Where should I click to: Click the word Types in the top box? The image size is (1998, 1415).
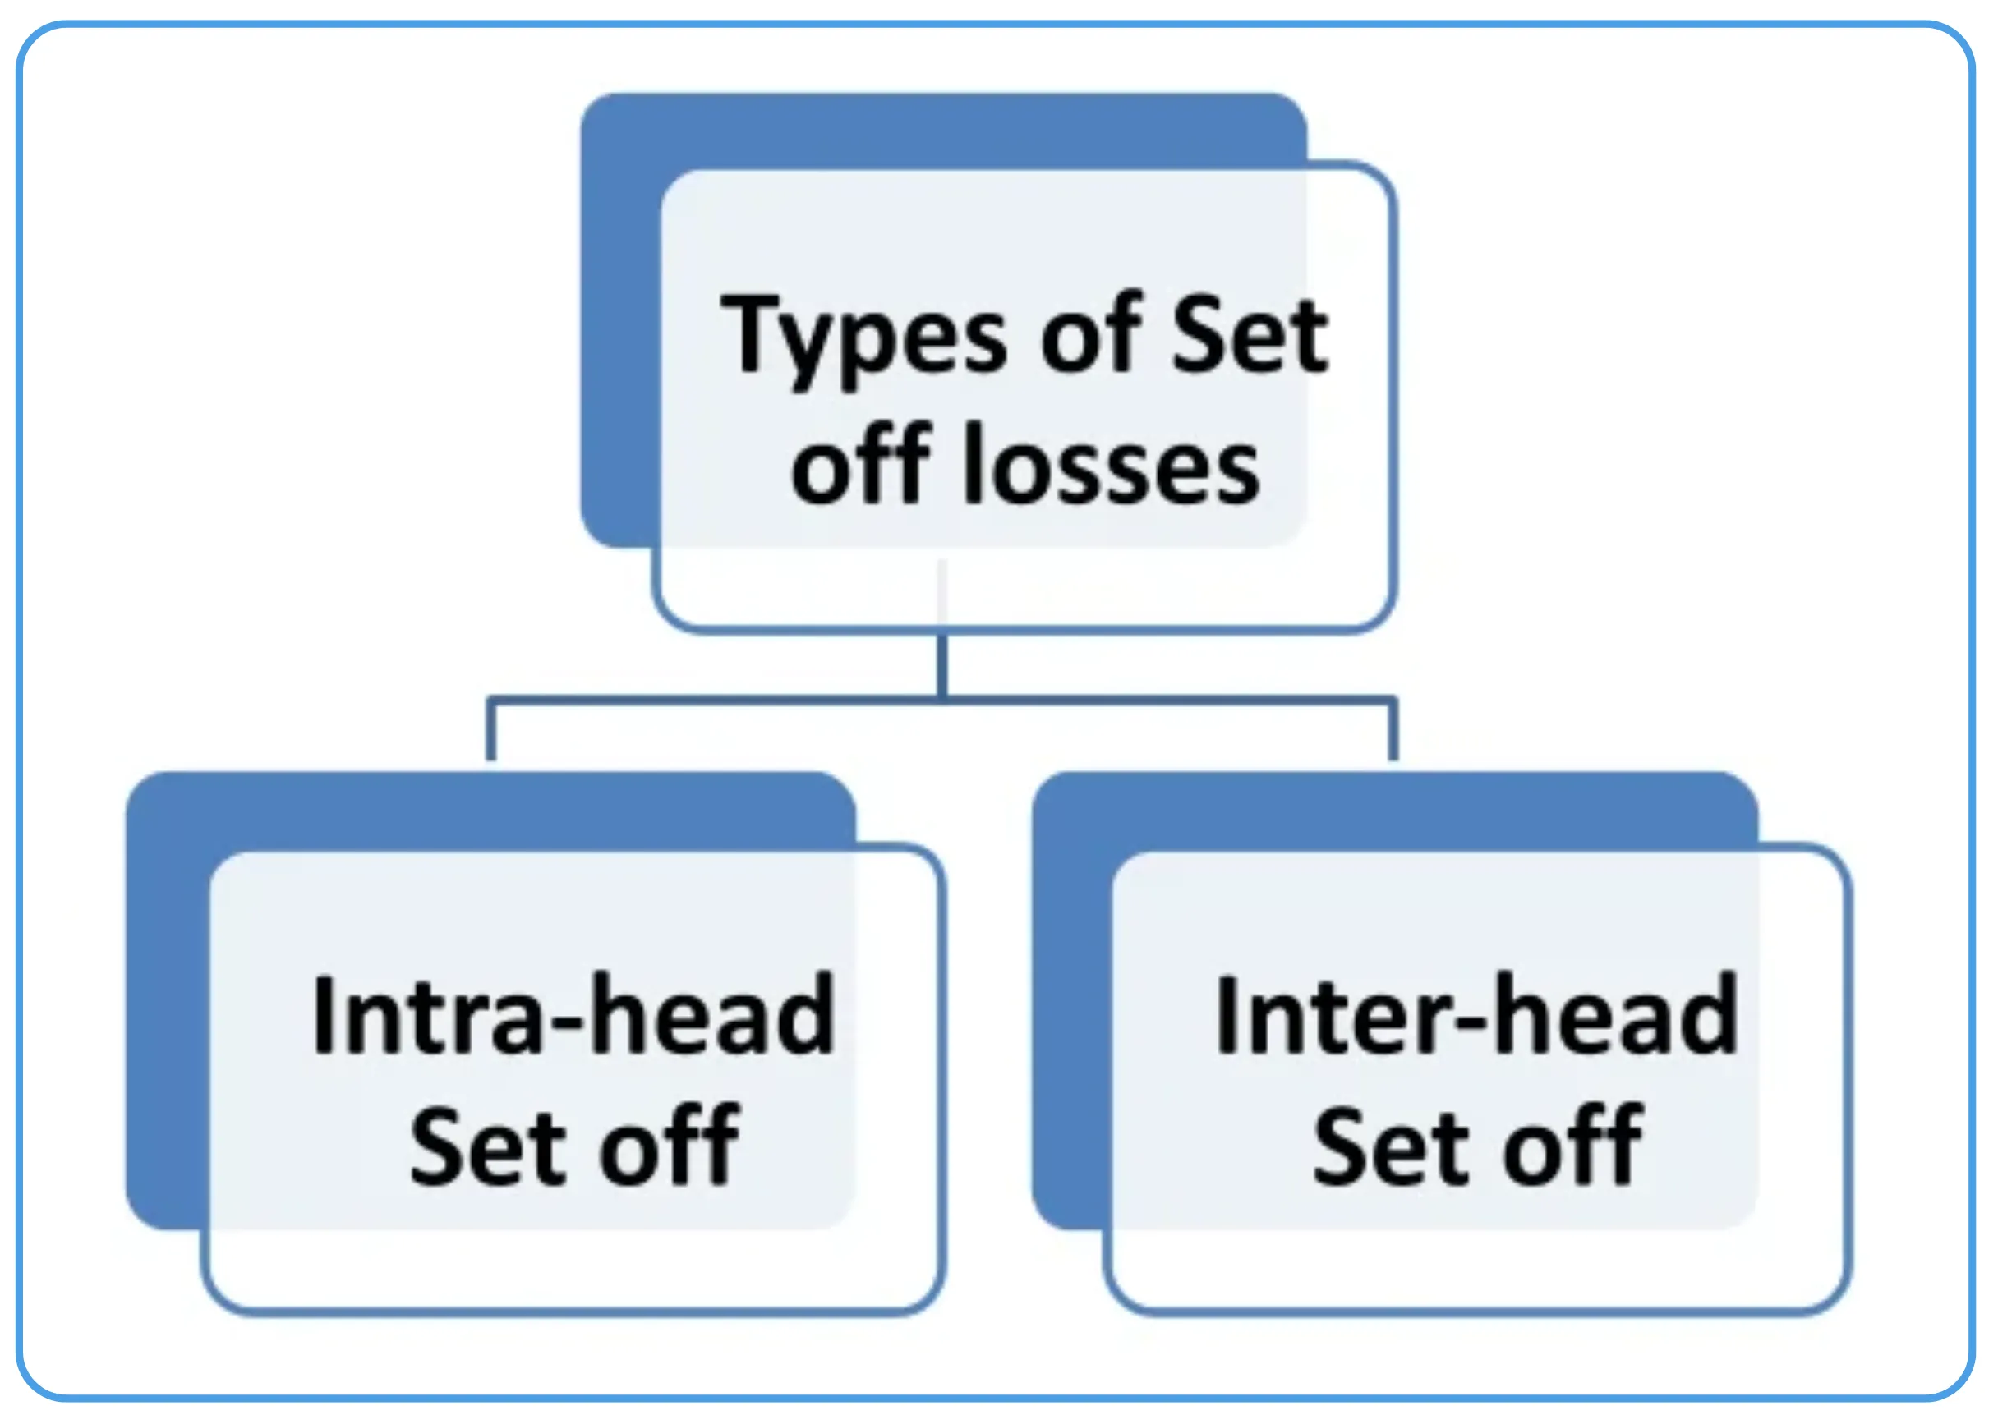click(x=863, y=338)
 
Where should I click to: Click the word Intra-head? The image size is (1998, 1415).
click(x=573, y=1015)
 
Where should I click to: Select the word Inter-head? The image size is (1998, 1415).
click(x=1476, y=1015)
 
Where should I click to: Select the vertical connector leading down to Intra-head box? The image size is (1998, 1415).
click(x=490, y=730)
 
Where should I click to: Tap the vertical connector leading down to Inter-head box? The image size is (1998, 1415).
click(x=1393, y=730)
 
